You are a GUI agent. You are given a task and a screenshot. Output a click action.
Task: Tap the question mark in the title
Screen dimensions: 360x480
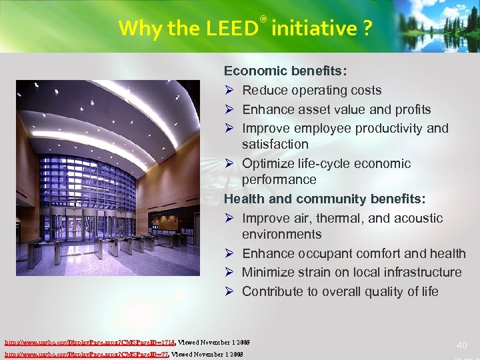click(x=367, y=28)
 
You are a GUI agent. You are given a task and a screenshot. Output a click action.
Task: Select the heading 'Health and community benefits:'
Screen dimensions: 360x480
click(x=324, y=199)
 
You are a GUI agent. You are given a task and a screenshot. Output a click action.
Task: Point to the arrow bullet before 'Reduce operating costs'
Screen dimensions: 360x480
click(x=229, y=91)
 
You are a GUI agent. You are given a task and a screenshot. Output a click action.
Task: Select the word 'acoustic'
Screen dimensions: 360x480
click(x=419, y=218)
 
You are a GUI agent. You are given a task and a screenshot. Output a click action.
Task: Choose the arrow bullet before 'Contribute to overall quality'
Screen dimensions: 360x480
click(x=229, y=291)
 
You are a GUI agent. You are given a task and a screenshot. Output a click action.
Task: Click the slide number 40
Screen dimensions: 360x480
click(x=462, y=345)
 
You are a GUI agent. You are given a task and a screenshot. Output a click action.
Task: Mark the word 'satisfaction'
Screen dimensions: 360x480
click(x=275, y=144)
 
